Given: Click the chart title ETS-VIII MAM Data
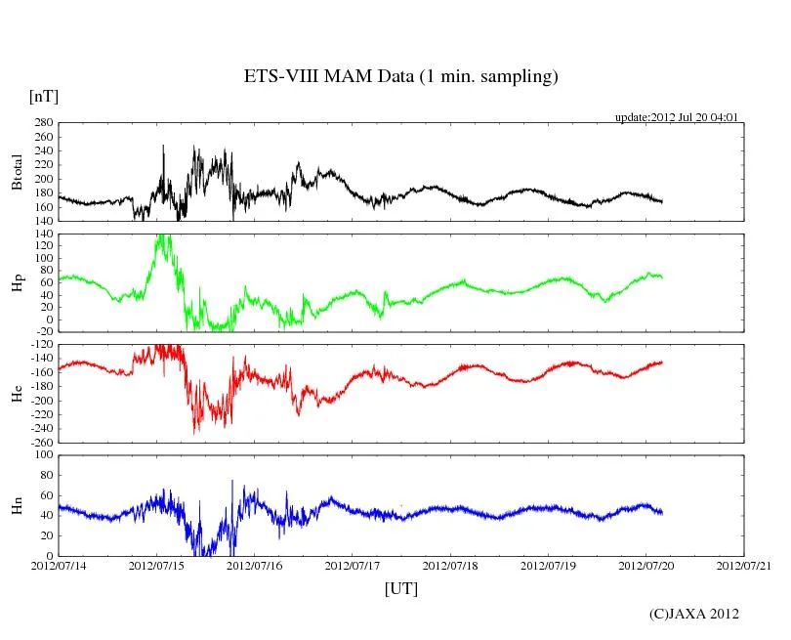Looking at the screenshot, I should point(400,76).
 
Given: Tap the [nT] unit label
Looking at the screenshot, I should point(43,97).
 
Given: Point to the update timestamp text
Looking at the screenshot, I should point(676,117).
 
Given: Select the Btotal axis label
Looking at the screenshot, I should point(17,172).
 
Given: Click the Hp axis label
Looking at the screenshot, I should point(17,283).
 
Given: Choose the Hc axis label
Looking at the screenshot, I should point(17,394).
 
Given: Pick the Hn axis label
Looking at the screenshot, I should point(17,505).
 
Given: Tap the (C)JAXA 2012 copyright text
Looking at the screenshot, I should point(694,614).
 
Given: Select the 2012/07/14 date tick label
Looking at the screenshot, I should point(58,566).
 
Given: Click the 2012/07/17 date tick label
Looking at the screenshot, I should point(353,566).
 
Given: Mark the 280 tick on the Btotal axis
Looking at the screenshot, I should point(42,123).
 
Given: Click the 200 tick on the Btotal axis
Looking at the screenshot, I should point(42,179).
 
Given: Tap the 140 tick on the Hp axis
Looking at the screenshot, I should point(42,235).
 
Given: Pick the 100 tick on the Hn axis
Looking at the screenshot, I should point(42,455).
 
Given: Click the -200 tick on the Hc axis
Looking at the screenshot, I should point(40,401).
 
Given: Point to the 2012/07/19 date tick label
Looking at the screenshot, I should point(549,566).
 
